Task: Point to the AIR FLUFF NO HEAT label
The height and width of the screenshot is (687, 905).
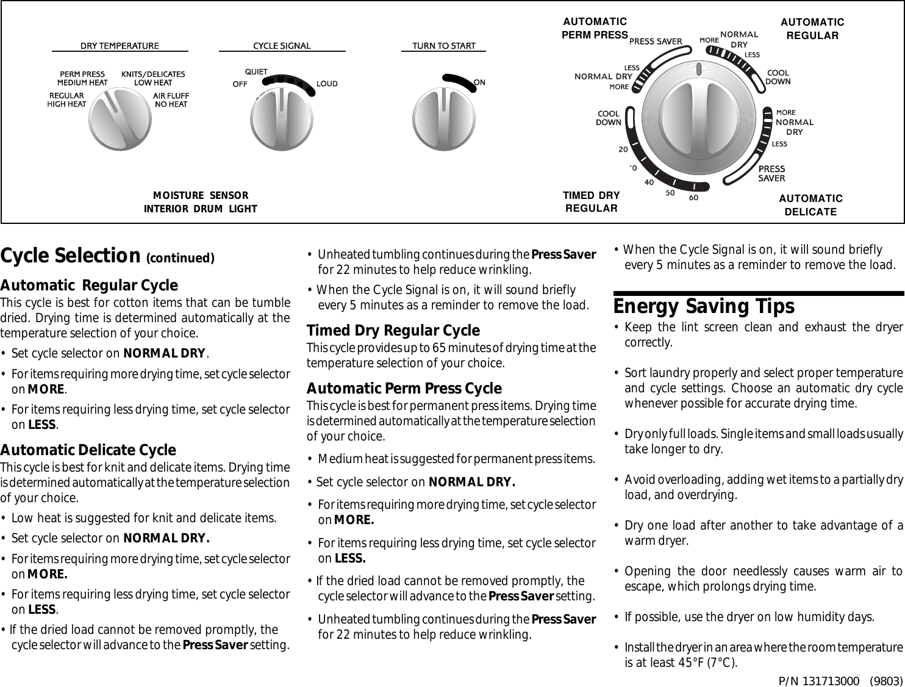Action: point(171,100)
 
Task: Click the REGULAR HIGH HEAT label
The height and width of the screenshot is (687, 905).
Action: point(66,100)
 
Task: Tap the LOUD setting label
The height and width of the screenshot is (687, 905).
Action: point(327,84)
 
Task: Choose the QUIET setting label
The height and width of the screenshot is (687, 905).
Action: point(256,72)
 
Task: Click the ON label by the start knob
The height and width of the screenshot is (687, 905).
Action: point(479,82)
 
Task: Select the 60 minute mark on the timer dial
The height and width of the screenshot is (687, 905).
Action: point(693,198)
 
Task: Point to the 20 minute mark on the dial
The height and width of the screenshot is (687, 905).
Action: point(623,149)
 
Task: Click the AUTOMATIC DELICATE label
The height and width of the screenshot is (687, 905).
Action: point(810,205)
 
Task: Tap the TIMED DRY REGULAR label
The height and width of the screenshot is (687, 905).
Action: point(591,202)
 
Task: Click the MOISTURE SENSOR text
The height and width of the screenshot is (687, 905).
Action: point(201,196)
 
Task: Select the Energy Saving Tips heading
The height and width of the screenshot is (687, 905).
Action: point(704,306)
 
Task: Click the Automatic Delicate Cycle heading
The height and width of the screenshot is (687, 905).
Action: point(88,450)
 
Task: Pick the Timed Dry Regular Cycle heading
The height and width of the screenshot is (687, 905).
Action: point(393,331)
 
